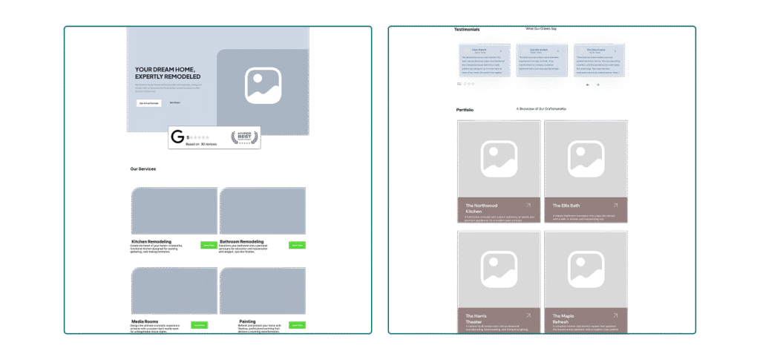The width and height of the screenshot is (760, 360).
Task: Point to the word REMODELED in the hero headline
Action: click(x=183, y=76)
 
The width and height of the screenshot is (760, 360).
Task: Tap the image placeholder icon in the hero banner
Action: click(x=263, y=85)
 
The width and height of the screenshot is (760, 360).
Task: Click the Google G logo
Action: click(x=177, y=137)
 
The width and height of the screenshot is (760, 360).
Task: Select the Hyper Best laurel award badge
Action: click(x=244, y=137)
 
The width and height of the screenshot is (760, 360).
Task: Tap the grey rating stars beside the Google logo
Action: click(x=199, y=137)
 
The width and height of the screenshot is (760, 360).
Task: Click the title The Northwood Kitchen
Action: click(x=482, y=208)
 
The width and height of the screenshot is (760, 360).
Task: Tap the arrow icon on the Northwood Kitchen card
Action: click(x=528, y=205)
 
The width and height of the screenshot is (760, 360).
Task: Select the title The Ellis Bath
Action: click(x=568, y=205)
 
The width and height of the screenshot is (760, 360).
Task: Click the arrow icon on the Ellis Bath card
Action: click(x=615, y=205)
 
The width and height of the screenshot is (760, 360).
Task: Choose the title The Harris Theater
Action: click(x=477, y=318)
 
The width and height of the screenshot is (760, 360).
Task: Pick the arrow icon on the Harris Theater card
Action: click(x=528, y=315)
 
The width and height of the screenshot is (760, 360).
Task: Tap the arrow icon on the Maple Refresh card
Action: click(x=615, y=315)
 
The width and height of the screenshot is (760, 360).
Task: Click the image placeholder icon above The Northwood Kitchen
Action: click(x=499, y=159)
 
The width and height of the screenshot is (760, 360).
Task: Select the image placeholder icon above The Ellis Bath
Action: click(x=586, y=159)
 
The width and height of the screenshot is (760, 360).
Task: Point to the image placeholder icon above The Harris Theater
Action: click(x=499, y=269)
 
